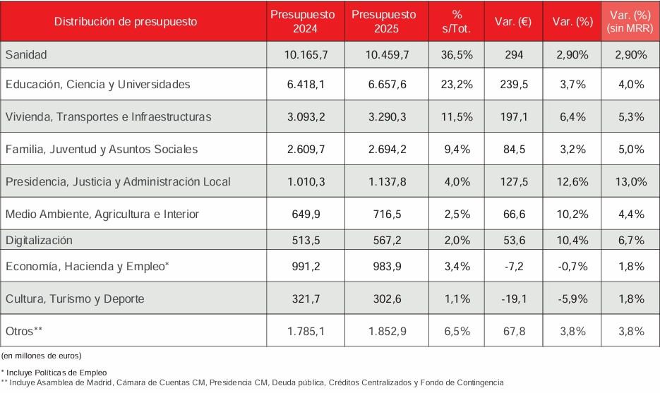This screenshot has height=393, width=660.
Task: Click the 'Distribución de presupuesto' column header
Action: click(126, 21)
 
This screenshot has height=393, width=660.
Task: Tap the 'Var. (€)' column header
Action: click(514, 21)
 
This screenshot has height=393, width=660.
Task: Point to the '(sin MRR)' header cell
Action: click(630, 28)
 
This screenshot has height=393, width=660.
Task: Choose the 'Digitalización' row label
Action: click(39, 240)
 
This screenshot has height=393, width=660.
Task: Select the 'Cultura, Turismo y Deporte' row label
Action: click(75, 298)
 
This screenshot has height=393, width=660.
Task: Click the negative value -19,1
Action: click(514, 298)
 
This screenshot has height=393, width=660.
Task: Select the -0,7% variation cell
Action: click(572, 266)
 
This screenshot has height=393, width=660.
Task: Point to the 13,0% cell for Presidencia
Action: click(630, 181)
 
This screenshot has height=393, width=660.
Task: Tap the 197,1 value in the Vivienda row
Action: click(514, 116)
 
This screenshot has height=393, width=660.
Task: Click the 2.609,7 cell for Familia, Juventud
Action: click(305, 149)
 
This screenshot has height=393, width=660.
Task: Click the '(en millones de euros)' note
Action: click(41, 355)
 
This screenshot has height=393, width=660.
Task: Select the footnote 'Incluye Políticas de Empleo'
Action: click(55, 371)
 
